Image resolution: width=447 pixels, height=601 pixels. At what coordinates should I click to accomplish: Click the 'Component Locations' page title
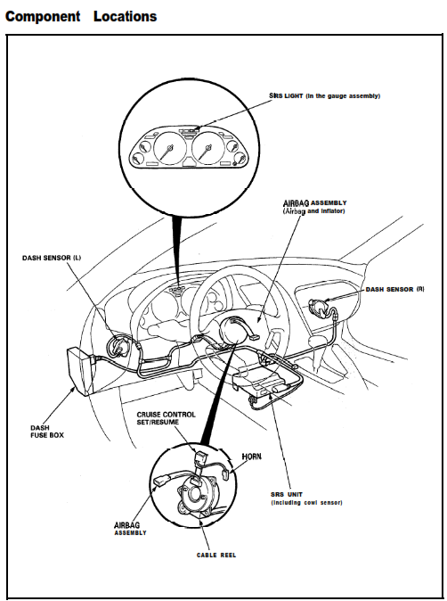81,16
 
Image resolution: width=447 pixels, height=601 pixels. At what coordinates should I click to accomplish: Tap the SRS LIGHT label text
286,95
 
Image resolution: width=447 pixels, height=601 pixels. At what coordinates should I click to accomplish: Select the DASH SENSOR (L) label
52,258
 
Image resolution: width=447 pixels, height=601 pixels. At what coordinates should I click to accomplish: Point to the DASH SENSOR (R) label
395,290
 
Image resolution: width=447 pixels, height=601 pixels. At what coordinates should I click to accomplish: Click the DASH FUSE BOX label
47,432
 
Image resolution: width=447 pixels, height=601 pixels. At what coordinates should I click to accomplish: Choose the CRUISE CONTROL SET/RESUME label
167,418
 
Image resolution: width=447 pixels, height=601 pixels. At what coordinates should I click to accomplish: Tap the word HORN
252,457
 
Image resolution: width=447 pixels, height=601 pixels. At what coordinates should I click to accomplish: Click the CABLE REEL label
216,555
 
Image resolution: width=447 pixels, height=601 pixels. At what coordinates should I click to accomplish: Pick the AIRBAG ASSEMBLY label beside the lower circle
130,529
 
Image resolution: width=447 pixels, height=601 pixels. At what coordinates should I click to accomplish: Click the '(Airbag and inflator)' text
313,211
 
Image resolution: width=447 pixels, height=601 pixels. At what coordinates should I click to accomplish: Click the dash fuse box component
80,371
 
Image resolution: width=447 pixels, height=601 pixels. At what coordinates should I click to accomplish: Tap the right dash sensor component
320,308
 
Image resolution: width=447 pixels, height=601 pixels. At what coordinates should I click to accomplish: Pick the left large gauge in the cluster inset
169,148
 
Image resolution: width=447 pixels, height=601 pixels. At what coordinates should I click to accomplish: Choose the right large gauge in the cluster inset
207,148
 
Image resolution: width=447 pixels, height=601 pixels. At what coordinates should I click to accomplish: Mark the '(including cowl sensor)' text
306,503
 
